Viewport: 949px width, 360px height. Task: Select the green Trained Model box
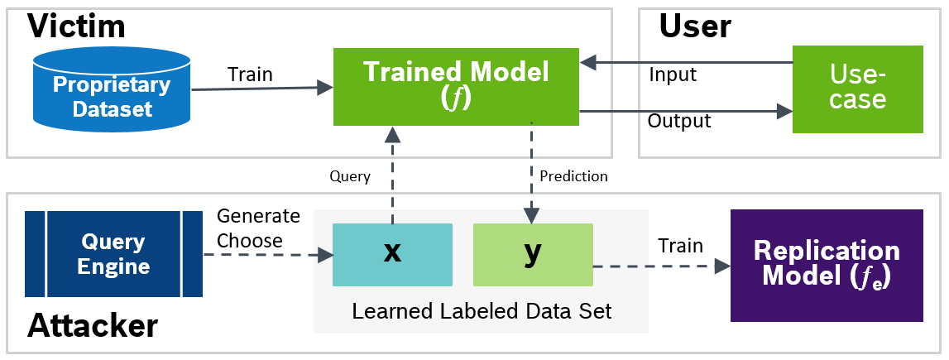(x=456, y=87)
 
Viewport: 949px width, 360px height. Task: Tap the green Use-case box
(x=857, y=89)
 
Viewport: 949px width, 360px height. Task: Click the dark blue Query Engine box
(x=113, y=254)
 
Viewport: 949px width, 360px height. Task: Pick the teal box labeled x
(x=392, y=254)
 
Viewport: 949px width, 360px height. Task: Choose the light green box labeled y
(x=532, y=254)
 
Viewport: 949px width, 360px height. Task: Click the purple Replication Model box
(x=826, y=265)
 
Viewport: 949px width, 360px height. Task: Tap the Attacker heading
(x=93, y=325)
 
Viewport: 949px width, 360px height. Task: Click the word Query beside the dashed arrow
(x=350, y=176)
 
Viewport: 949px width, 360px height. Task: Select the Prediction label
(x=573, y=176)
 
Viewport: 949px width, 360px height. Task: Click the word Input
(x=673, y=75)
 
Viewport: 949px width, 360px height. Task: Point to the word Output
(x=679, y=122)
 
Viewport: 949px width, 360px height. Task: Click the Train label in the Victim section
(x=250, y=74)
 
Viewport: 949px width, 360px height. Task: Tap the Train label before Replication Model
(x=680, y=246)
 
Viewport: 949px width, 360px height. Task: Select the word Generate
(x=258, y=216)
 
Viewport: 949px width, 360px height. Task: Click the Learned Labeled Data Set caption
(x=482, y=311)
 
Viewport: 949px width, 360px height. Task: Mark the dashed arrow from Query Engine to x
(x=265, y=255)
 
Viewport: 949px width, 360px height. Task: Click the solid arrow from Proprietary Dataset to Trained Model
(x=261, y=87)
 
